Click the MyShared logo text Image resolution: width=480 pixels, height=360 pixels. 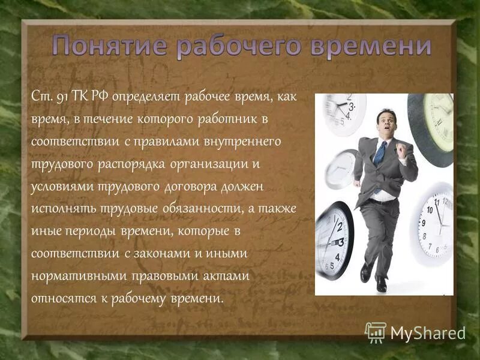pos(428,332)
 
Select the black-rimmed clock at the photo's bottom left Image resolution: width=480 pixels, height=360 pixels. pos(334,239)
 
